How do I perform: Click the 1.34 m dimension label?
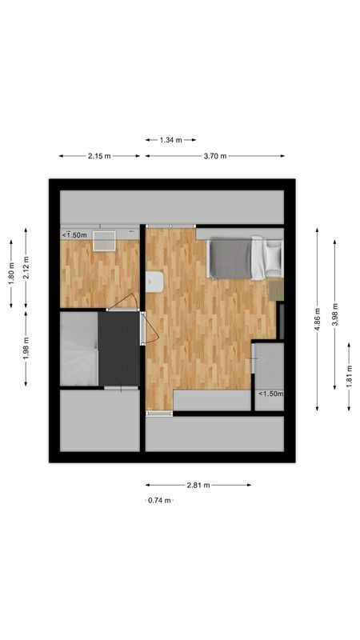(x=170, y=140)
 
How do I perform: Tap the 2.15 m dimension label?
(x=99, y=156)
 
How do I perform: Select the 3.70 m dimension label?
(x=215, y=156)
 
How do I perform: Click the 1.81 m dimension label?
(x=349, y=376)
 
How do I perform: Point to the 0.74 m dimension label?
(x=159, y=500)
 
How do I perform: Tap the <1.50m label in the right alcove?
(x=270, y=394)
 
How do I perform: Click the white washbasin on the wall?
(x=154, y=281)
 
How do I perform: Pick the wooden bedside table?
(x=276, y=288)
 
